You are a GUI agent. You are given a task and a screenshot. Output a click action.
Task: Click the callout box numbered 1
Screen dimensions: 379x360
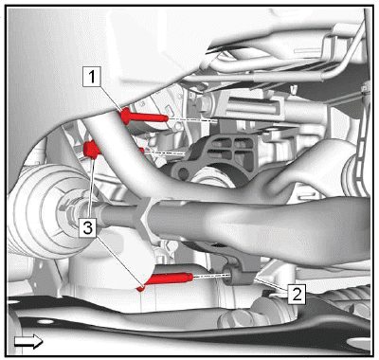[x=92, y=77]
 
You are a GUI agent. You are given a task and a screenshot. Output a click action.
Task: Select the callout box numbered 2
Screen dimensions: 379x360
[x=297, y=295]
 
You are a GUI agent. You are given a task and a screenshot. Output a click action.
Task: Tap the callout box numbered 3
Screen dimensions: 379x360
[x=88, y=227]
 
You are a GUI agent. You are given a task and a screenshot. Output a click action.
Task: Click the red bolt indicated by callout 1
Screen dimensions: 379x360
[x=144, y=117]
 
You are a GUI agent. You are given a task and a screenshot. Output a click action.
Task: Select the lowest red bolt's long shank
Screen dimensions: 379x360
[x=170, y=279]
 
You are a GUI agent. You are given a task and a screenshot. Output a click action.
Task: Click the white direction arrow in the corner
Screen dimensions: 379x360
[x=28, y=342]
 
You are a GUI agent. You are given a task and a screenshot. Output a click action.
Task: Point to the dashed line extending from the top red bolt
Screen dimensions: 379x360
[x=192, y=120]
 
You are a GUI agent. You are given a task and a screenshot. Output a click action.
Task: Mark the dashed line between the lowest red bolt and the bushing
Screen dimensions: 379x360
[x=211, y=276]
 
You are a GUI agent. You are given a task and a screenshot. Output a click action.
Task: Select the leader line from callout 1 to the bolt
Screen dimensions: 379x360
[x=111, y=98]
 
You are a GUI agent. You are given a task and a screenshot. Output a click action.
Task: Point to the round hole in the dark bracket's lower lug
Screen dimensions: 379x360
[x=183, y=172]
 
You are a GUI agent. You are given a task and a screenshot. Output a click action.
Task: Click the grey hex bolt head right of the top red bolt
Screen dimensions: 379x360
[x=205, y=103]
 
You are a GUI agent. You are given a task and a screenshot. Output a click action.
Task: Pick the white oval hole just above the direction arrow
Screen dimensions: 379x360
[x=45, y=321]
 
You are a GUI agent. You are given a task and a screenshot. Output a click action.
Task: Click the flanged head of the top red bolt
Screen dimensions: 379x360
[x=126, y=117]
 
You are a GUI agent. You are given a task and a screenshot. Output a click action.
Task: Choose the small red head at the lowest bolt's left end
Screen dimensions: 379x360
[x=140, y=288]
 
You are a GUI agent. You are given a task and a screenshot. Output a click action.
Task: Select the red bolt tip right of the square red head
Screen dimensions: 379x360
[x=141, y=151]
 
